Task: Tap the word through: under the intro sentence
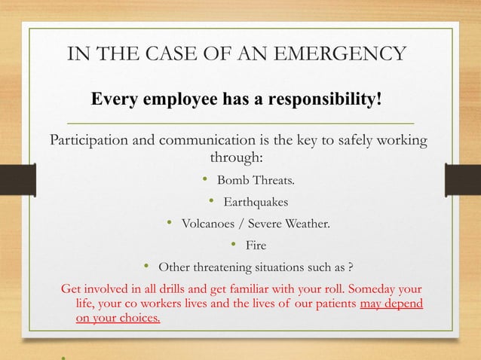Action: [x=236, y=159]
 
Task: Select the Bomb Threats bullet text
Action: [x=256, y=181]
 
